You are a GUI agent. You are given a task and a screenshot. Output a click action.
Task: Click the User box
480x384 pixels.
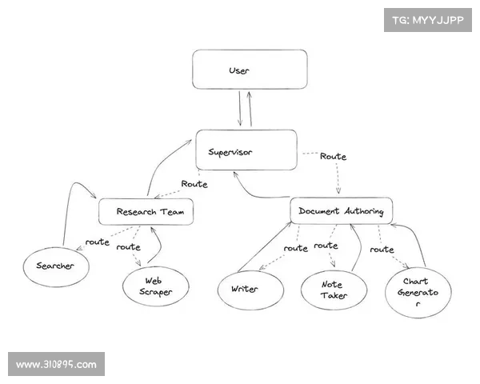[x=250, y=70]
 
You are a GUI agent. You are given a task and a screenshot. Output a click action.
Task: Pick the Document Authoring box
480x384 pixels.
[x=341, y=211]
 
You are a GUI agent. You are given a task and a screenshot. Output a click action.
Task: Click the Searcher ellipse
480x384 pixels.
[x=54, y=266]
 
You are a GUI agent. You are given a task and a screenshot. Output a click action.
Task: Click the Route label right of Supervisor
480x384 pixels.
[x=333, y=157]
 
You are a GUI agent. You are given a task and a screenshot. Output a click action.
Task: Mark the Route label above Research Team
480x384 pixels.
[x=194, y=184]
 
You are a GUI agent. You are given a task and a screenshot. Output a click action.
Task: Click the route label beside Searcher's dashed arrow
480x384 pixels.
[x=98, y=242]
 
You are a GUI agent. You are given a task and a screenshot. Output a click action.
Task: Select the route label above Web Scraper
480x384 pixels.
[x=128, y=247]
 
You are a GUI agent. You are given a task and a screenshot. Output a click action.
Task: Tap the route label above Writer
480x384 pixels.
[x=296, y=249]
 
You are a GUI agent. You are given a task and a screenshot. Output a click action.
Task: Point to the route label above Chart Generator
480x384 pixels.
[x=382, y=249]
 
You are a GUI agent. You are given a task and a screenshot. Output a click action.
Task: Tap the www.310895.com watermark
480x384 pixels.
[x=57, y=365]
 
